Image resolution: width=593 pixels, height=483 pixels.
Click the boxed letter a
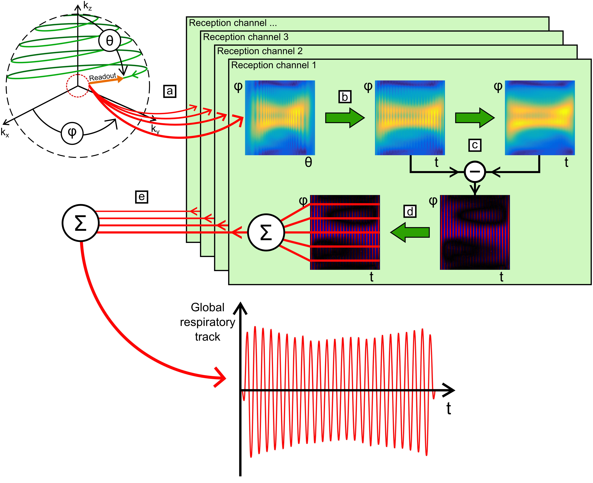tap(170, 91)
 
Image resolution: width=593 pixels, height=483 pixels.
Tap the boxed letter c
tap(475, 145)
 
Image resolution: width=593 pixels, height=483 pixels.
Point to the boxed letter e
tap(142, 197)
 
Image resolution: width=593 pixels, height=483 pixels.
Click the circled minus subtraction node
tap(475, 172)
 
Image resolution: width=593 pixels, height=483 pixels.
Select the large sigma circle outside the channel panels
tap(80, 223)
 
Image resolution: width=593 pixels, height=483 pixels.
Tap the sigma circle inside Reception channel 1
tap(266, 232)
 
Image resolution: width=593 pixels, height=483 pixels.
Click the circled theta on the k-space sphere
tap(110, 41)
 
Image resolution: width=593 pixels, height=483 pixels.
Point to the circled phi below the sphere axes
tap(72, 133)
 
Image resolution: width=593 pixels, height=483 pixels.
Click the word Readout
tap(102, 77)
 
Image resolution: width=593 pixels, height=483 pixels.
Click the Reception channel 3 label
tap(246, 37)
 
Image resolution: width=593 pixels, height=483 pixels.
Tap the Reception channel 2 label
tap(260, 51)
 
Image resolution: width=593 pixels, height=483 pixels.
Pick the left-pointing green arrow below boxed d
tap(410, 232)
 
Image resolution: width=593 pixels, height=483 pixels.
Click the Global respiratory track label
tap(207, 322)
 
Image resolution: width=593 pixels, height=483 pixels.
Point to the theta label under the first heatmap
tap(308, 162)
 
